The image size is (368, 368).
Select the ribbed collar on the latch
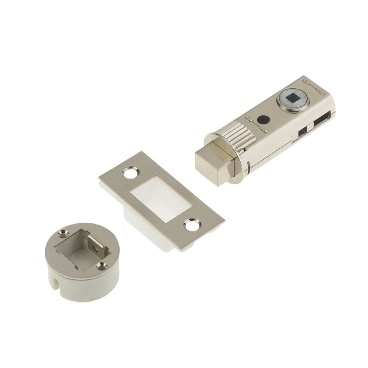click(239, 136)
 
